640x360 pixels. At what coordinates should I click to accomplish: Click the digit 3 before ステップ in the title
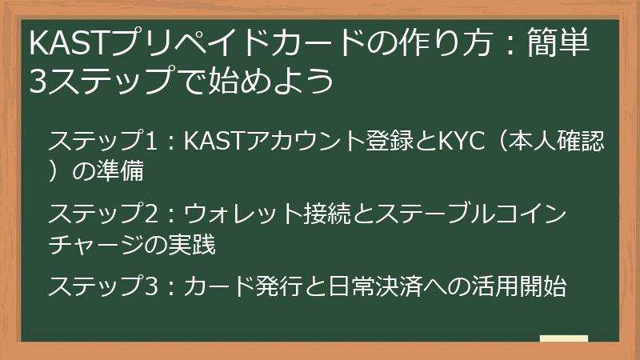point(38,81)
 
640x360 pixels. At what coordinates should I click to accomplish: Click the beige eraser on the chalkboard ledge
point(563,339)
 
